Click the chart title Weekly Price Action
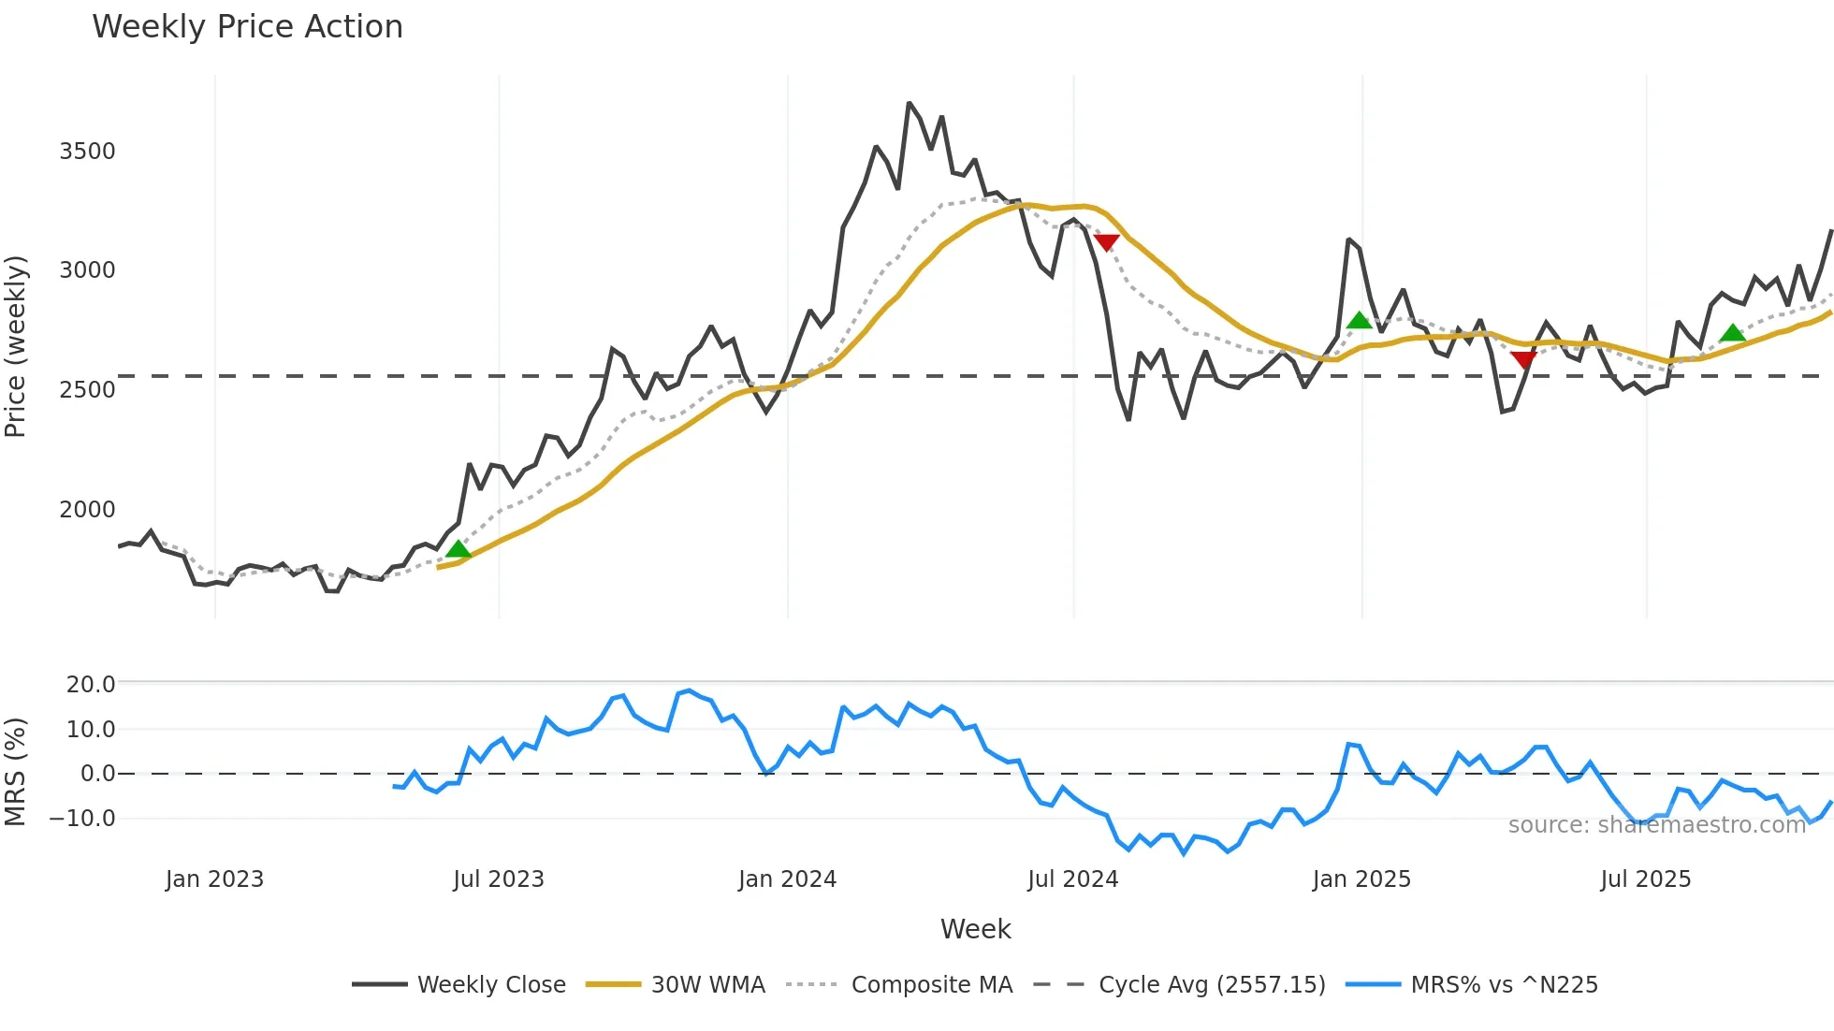click(247, 27)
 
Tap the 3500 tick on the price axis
click(87, 152)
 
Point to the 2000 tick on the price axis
click(87, 510)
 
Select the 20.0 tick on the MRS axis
click(91, 685)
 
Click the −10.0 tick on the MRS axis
click(83, 819)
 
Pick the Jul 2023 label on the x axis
click(498, 879)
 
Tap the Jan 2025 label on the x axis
click(1361, 879)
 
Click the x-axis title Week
click(975, 929)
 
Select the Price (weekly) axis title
click(16, 346)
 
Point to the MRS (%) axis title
click(16, 772)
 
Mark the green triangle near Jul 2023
click(458, 549)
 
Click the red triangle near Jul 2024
click(1106, 242)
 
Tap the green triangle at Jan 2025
click(1359, 321)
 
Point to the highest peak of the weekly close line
click(909, 104)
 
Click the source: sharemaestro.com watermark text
click(1656, 825)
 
